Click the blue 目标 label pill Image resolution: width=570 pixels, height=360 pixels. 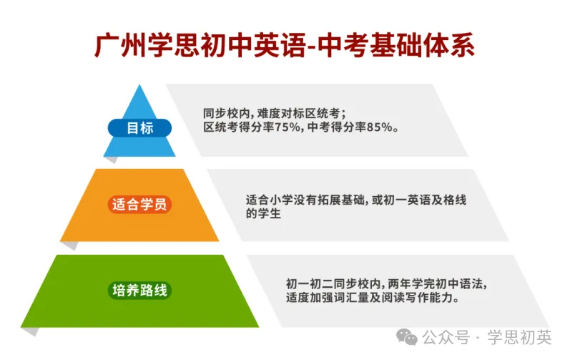(139, 128)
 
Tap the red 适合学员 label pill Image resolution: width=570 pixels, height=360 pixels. (139, 204)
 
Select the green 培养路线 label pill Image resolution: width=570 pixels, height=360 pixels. (139, 291)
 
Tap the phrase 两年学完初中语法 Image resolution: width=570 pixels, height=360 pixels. (438, 283)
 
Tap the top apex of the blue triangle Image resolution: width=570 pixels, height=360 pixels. (139, 85)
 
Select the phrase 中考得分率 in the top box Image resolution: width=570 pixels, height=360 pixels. (335, 127)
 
